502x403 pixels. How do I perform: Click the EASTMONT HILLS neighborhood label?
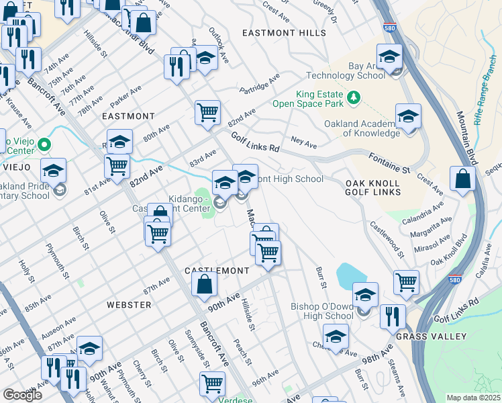click(x=284, y=33)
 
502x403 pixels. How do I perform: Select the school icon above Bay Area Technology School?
click(x=389, y=56)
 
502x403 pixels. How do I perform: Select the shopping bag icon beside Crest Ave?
click(x=462, y=179)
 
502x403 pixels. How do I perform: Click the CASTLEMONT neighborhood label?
click(x=217, y=270)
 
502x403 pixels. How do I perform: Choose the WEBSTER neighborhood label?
click(x=129, y=305)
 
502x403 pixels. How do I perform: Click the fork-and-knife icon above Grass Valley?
click(x=393, y=316)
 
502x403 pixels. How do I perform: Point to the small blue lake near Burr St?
click(x=350, y=276)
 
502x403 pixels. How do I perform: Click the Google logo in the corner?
click(x=23, y=395)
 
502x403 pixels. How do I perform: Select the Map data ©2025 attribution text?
click(x=472, y=398)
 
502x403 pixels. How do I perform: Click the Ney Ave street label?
click(x=304, y=144)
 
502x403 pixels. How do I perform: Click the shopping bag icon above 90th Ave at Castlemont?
click(x=203, y=283)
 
